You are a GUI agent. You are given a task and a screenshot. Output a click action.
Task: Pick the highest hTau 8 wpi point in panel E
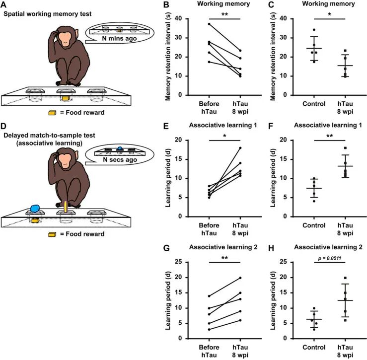[x=239, y=148]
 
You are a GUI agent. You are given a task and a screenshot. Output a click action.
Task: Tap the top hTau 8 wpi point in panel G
[x=239, y=278]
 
